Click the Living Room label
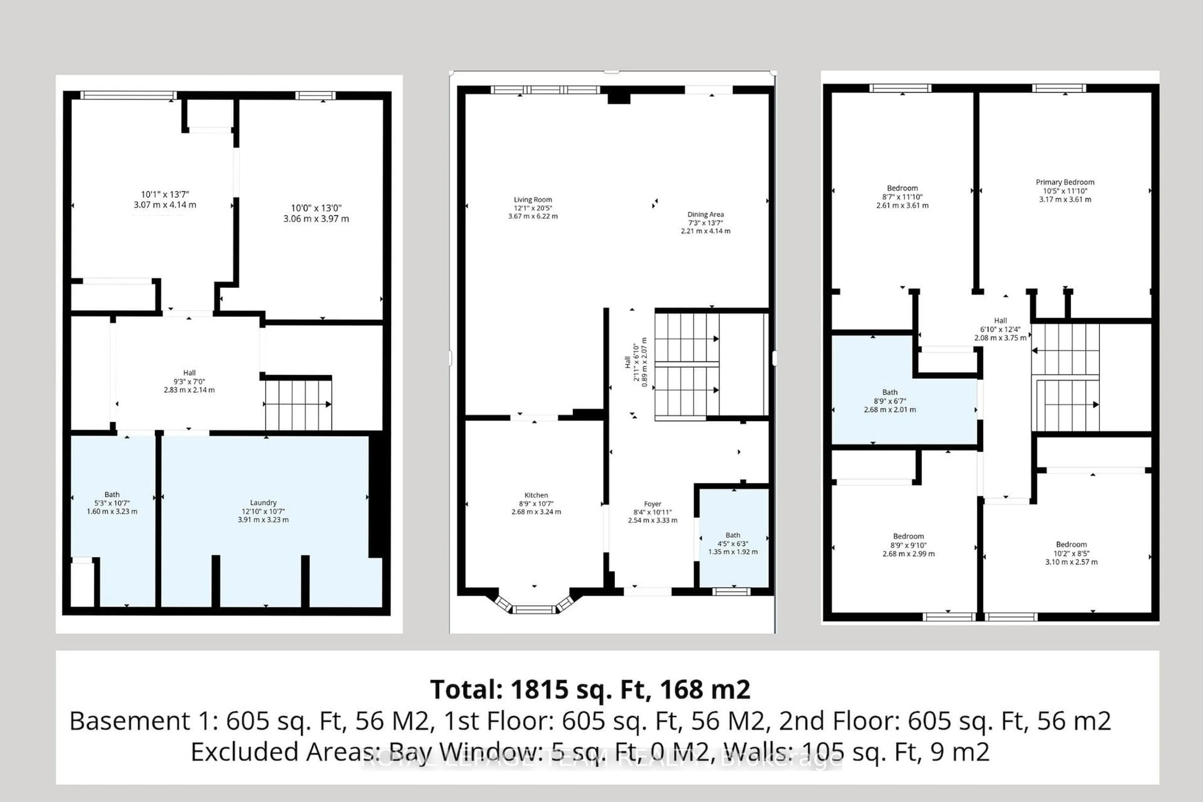point(533,200)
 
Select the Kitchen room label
point(536,495)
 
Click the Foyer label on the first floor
point(653,504)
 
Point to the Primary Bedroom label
point(1065,182)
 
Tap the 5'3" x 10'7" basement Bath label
point(112,503)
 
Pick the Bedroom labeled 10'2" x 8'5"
point(1071,553)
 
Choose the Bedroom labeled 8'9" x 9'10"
point(909,545)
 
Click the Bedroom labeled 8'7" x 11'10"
point(902,196)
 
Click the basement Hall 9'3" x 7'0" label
point(189,381)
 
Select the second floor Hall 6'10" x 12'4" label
point(1000,329)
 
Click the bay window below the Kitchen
point(533,608)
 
